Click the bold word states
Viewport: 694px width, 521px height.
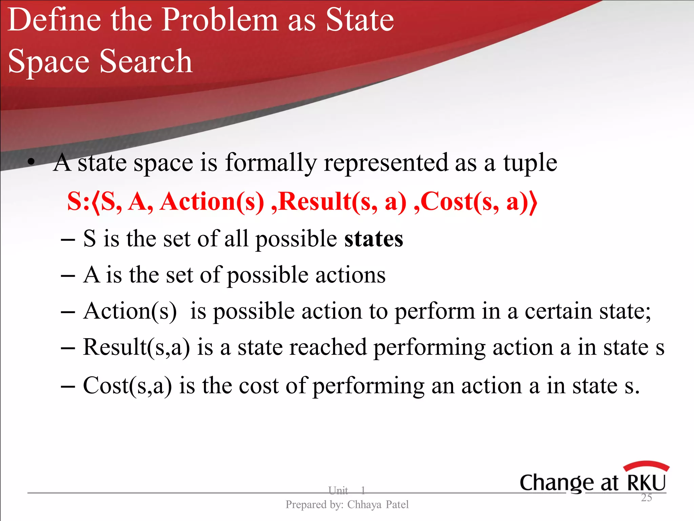tap(374, 239)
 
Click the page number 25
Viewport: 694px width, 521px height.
tap(646, 498)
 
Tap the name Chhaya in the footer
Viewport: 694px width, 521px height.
tap(364, 505)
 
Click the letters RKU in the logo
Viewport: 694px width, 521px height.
tap(647, 483)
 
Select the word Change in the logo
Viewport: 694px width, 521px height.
tap(556, 483)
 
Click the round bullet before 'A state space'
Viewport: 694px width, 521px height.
tap(32, 162)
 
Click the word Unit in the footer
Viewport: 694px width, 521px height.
tap(338, 490)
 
